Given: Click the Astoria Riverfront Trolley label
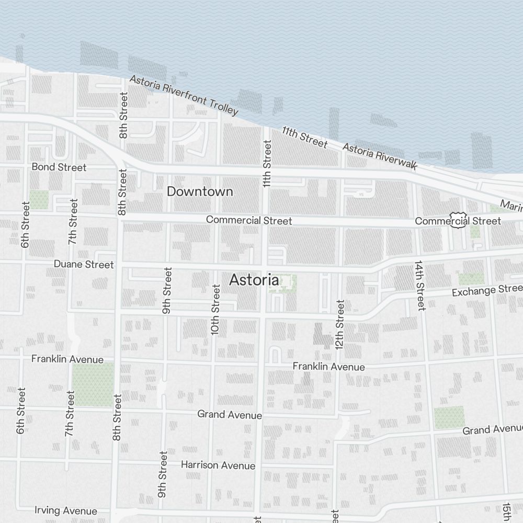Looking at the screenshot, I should [184, 95].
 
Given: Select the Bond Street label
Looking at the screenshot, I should [59, 167].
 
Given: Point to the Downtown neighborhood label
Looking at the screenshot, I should [200, 191].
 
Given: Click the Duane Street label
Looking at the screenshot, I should [84, 264].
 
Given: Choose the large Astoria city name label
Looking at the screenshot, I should [254, 280].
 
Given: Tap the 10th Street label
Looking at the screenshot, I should [215, 310].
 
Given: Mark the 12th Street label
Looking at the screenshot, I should [340, 324].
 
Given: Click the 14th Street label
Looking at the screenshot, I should [419, 285].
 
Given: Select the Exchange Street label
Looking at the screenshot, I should [487, 290].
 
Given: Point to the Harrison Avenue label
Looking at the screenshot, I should [218, 465].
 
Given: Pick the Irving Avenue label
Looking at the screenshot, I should [66, 510].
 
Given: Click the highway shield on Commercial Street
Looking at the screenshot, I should [459, 220].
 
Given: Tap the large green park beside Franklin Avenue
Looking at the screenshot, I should [93, 384].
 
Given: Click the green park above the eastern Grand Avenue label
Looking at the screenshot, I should [449, 417].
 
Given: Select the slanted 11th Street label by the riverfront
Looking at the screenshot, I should [304, 137].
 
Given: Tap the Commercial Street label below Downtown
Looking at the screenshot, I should [249, 220].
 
